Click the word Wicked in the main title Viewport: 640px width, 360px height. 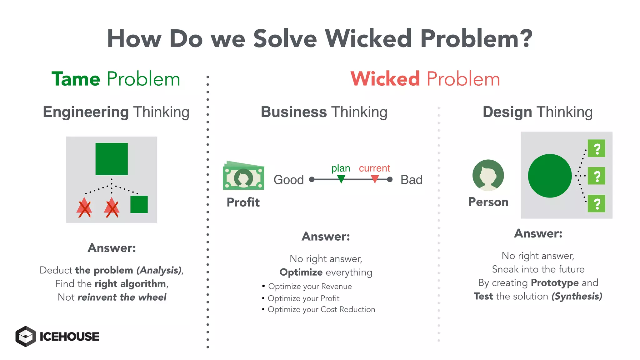point(368,39)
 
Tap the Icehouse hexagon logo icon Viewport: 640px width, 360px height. point(26,336)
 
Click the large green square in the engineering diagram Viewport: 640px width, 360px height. point(112,159)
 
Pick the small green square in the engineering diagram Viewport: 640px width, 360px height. point(139,204)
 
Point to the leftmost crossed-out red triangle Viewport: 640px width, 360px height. point(84,208)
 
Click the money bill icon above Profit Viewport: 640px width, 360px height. point(243,176)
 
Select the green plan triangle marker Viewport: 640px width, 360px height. point(341,179)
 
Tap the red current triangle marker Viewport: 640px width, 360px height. point(375,179)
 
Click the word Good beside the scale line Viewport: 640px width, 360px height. point(288,180)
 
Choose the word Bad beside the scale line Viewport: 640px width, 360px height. point(411,180)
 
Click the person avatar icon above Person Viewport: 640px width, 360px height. point(488,175)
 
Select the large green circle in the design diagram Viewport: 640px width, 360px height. point(550,176)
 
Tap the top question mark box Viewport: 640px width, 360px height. point(596,148)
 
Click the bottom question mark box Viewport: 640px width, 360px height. point(596,204)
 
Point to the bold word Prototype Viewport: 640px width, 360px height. point(555,283)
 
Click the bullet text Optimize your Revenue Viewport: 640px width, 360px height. point(310,287)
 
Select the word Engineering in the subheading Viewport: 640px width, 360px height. point(86,112)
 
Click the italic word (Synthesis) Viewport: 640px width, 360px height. point(577,296)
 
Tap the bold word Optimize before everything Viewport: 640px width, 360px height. point(301,272)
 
